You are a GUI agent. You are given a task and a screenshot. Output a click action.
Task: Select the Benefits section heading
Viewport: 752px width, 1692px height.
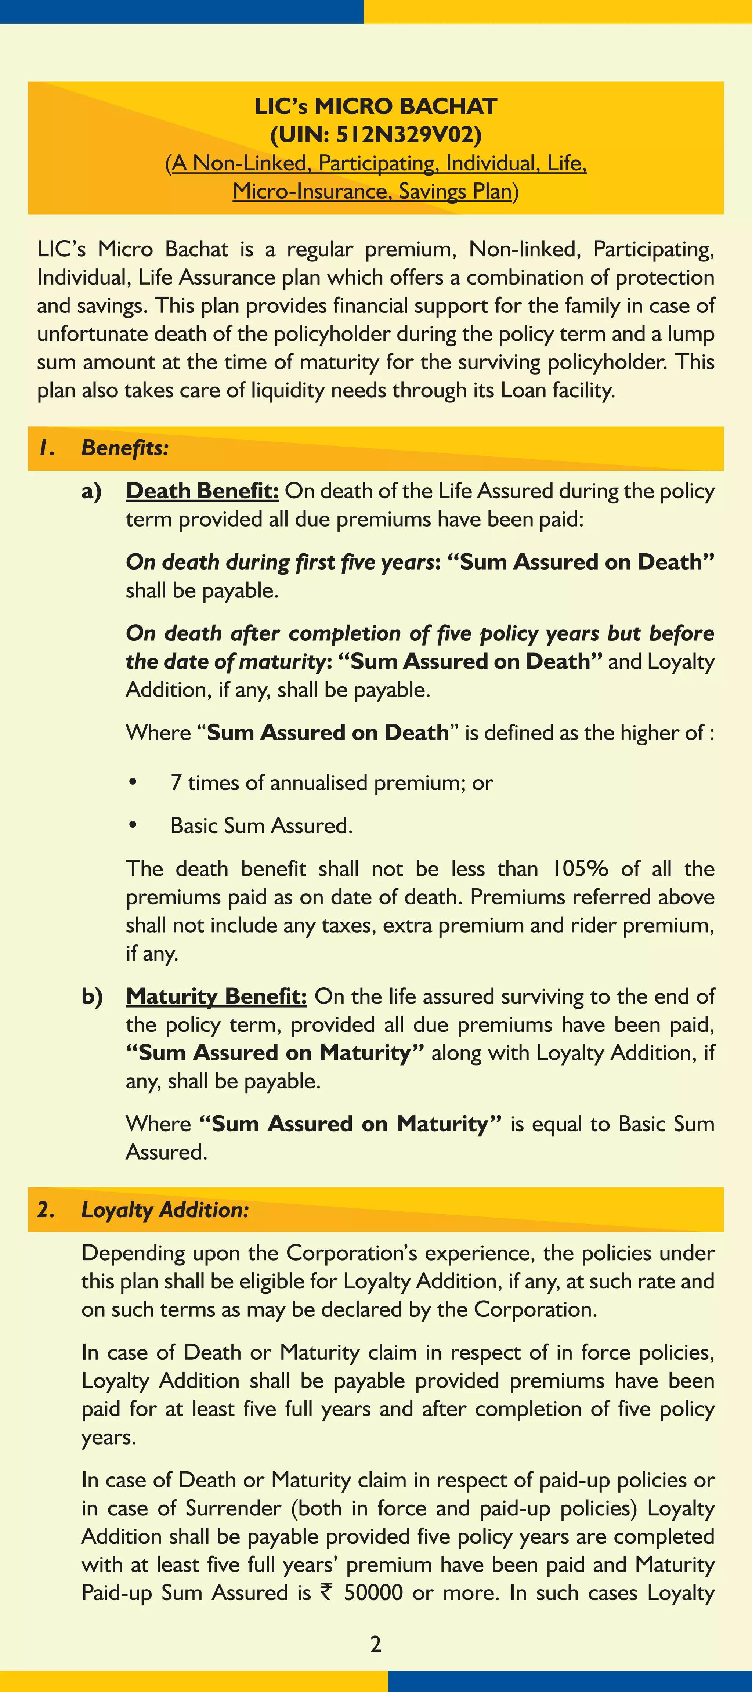[125, 448]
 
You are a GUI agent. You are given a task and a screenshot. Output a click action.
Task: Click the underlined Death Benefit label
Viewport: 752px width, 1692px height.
[202, 491]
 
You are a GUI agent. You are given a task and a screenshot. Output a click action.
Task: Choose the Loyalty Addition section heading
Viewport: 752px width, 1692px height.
[165, 1209]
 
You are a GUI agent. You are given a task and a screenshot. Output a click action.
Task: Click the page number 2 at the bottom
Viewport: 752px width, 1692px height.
[376, 1644]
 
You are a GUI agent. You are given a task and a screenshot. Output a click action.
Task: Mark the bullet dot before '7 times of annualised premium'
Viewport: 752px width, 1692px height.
[133, 782]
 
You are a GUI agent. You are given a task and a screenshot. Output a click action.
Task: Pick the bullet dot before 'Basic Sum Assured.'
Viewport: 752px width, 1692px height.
[133, 825]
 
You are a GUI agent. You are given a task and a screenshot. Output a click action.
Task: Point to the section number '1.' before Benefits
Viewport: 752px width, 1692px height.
[46, 448]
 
